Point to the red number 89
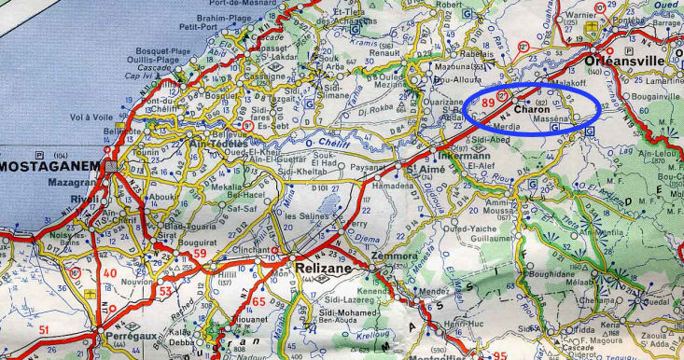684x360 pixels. (x=488, y=101)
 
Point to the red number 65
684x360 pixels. (x=259, y=301)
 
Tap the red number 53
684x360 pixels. (x=166, y=291)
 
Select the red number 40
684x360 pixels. (x=111, y=273)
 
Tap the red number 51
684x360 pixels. (x=45, y=330)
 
